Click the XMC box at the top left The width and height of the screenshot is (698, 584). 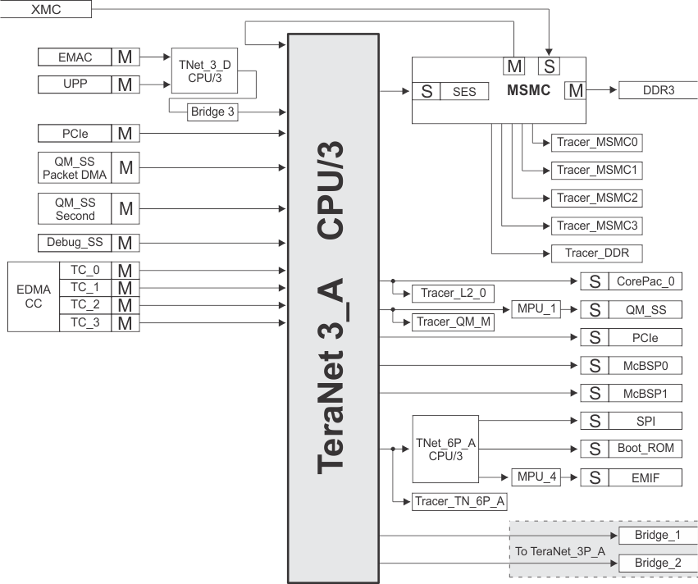coord(45,9)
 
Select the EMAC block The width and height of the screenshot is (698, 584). coord(75,57)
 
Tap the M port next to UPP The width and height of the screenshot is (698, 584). coord(125,84)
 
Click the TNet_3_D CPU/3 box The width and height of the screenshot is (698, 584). coord(198,71)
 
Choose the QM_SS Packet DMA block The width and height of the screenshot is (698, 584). coord(75,167)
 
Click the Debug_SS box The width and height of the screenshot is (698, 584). coord(75,243)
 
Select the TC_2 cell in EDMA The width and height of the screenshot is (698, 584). coord(84,304)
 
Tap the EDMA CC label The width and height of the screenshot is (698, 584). coord(33,296)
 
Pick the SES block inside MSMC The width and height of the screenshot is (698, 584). coord(464,91)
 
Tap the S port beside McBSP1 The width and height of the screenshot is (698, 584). coord(594,393)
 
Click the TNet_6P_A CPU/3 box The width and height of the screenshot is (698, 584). coord(444,449)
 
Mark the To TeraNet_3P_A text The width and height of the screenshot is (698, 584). coord(560,551)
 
